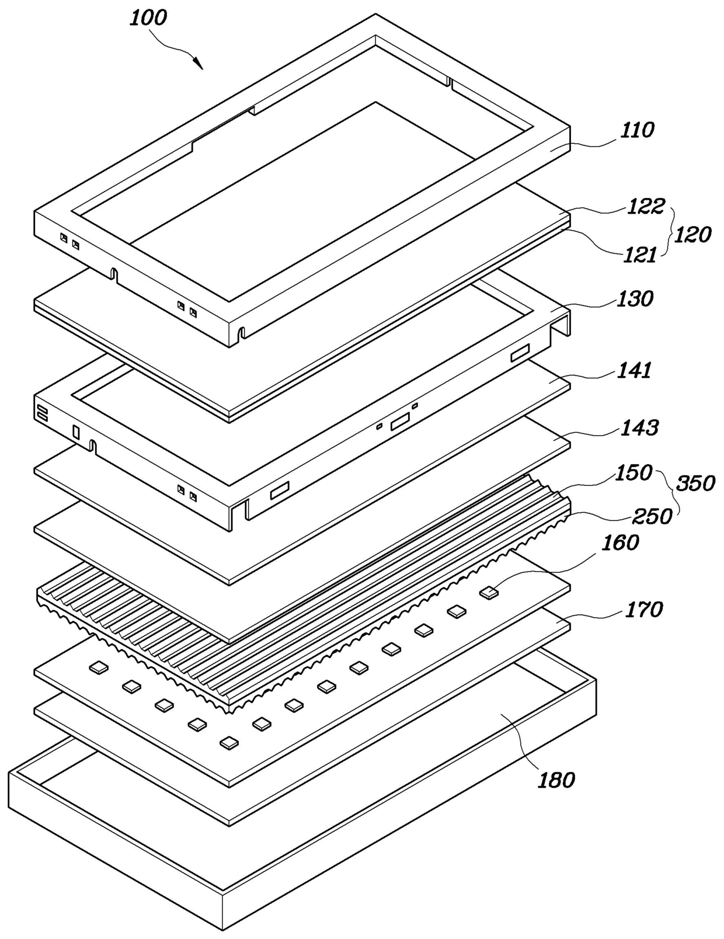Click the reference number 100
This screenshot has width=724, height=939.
(x=148, y=18)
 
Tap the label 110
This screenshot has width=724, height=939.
(x=636, y=130)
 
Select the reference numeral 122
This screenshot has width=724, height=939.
(x=646, y=206)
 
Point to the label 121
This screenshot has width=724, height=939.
(x=640, y=254)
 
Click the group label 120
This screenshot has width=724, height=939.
(x=693, y=235)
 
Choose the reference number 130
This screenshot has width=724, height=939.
(x=635, y=299)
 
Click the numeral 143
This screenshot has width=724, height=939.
(x=640, y=427)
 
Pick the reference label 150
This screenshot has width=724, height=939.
(x=633, y=472)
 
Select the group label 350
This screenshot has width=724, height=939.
(x=695, y=484)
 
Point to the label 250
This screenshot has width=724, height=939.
(x=652, y=516)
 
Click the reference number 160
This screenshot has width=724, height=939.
(x=620, y=542)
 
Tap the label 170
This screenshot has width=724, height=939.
(x=644, y=610)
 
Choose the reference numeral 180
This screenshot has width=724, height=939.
(x=556, y=780)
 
